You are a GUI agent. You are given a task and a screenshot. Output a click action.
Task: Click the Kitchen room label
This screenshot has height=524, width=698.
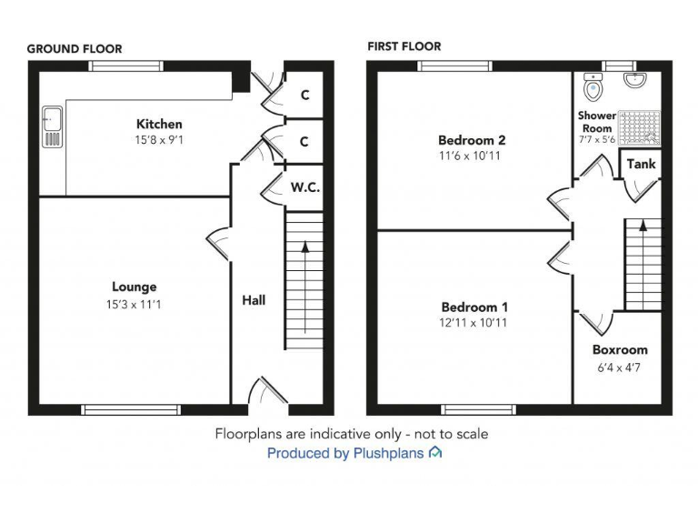click(x=159, y=124)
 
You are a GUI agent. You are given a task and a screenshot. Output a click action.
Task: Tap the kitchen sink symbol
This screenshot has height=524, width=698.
click(x=51, y=126)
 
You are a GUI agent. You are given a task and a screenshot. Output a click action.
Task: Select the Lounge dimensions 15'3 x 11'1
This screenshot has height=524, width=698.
click(x=134, y=304)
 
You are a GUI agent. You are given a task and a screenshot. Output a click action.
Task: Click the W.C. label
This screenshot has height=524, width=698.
click(x=304, y=187)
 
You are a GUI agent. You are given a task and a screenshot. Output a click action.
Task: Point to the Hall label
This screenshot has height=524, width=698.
click(x=254, y=299)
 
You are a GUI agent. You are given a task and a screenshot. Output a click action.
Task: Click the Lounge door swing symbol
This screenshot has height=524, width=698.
click(x=218, y=244)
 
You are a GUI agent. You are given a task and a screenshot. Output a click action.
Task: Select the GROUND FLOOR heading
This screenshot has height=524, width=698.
click(x=75, y=49)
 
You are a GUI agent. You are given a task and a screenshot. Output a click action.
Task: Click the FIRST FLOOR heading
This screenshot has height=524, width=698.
click(x=404, y=46)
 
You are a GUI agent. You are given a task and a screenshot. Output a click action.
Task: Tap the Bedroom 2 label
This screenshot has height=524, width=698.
click(x=472, y=140)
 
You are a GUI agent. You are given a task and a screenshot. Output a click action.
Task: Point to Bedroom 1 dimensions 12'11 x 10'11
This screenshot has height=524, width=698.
click(x=474, y=322)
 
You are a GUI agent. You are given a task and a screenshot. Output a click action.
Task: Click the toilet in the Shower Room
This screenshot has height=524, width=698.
click(x=593, y=89)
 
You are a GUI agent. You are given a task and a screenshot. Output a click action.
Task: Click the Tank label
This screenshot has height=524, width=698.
click(x=641, y=165)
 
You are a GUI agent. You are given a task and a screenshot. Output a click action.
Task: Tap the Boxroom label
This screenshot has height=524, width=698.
click(x=620, y=349)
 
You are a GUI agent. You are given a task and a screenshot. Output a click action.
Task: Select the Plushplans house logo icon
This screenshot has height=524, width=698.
click(x=435, y=452)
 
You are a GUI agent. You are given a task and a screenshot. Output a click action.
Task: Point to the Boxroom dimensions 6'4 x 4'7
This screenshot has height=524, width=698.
click(x=620, y=368)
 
